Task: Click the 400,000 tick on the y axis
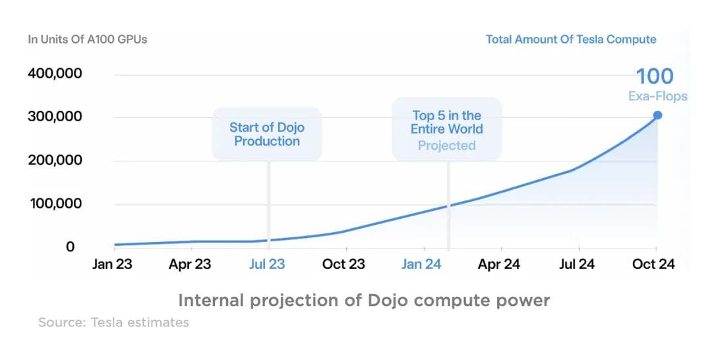(x=55, y=73)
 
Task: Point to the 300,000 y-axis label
(x=55, y=117)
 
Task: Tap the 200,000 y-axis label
(x=55, y=160)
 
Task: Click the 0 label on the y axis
(x=70, y=247)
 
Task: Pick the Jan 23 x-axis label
(x=113, y=264)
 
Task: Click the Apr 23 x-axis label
(x=190, y=264)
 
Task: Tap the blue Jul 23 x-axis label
(x=267, y=264)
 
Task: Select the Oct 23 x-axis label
(x=344, y=264)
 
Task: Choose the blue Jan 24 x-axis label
(x=421, y=264)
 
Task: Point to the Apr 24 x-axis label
(x=499, y=264)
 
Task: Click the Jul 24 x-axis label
(x=576, y=264)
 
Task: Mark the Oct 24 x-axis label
(x=654, y=264)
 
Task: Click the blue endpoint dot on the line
(x=657, y=115)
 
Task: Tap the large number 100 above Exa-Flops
(x=655, y=76)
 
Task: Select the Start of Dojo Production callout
(x=267, y=134)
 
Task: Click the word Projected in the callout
(x=446, y=146)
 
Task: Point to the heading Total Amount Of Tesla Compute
(x=571, y=40)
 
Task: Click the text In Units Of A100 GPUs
(x=88, y=40)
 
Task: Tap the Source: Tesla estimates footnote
(x=113, y=322)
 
